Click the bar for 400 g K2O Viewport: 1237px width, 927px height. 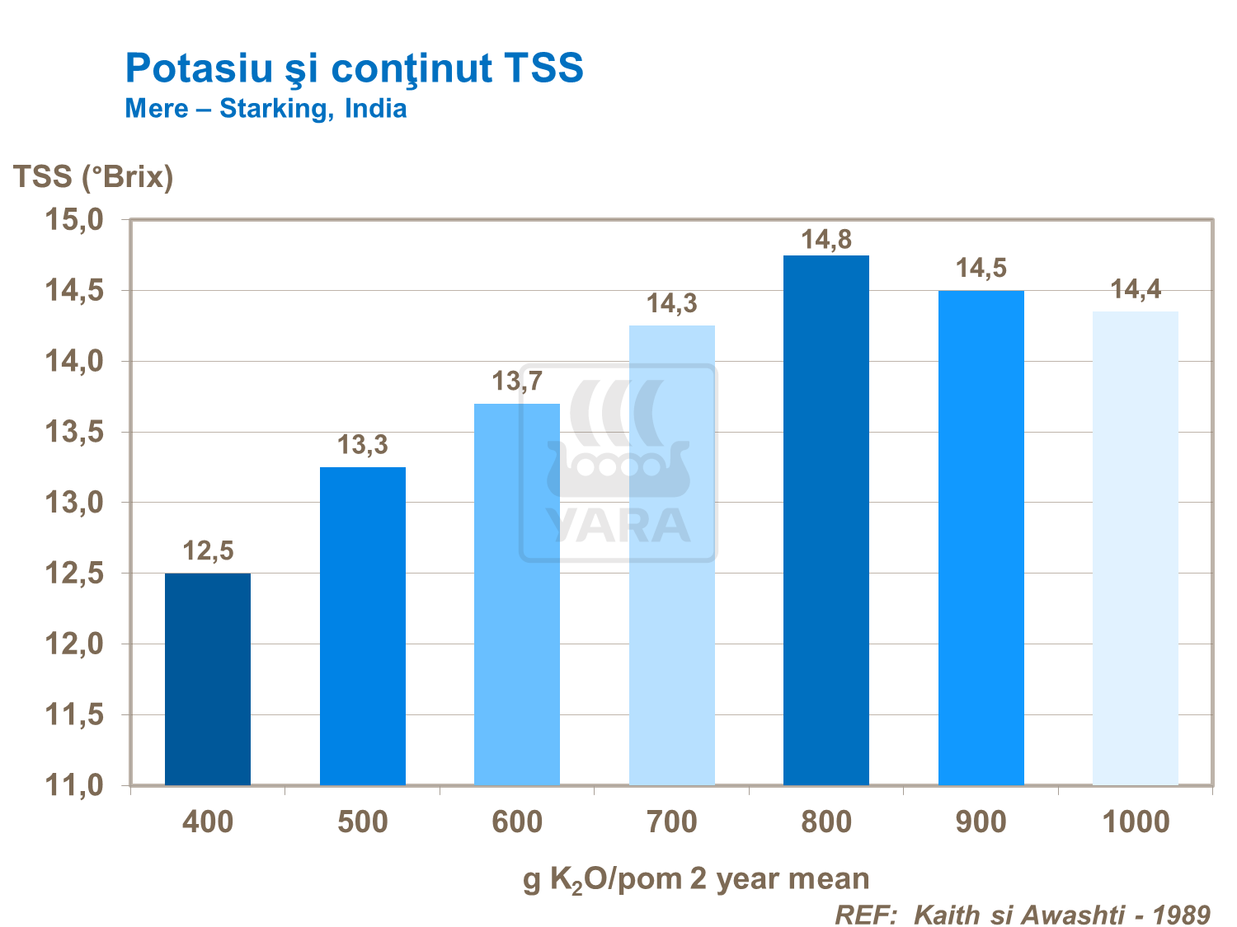click(x=208, y=679)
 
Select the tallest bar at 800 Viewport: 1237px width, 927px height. click(x=825, y=520)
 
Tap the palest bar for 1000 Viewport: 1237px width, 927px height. click(x=1135, y=548)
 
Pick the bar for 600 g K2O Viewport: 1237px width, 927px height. click(x=517, y=594)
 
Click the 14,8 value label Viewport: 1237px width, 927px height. click(x=826, y=240)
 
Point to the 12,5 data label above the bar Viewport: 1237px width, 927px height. click(x=208, y=550)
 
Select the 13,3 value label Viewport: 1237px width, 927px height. click(x=362, y=445)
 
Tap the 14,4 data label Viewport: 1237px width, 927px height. click(x=1136, y=289)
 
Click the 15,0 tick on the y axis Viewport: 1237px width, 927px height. click(x=73, y=220)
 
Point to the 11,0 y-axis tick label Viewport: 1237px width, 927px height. click(x=73, y=785)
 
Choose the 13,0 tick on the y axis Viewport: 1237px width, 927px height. click(x=73, y=503)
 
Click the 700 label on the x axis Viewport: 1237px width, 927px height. click(x=672, y=822)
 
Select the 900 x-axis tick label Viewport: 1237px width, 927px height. click(x=981, y=822)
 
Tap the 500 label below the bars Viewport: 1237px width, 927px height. click(x=363, y=822)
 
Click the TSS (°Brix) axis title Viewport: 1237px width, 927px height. click(x=93, y=176)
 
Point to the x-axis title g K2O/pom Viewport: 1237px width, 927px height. click(x=696, y=879)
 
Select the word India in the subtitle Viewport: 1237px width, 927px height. click(x=375, y=109)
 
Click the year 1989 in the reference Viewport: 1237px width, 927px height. click(x=1181, y=914)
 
